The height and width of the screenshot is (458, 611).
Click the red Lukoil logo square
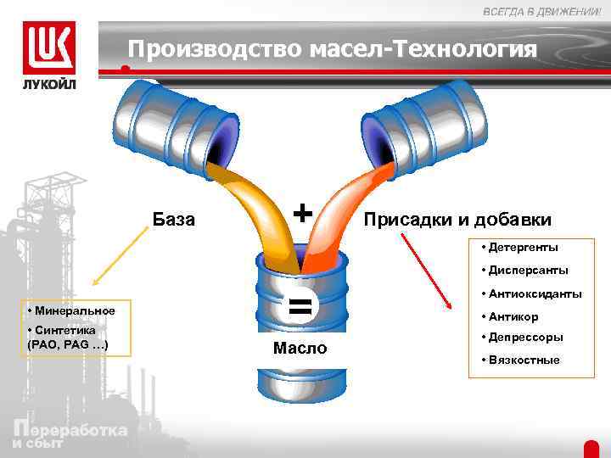tap(48, 48)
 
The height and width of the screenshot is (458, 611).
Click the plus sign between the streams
tap(302, 210)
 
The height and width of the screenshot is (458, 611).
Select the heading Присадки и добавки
tap(457, 220)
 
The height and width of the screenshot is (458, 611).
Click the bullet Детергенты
tap(522, 248)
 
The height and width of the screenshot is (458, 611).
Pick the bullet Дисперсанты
tap(527, 271)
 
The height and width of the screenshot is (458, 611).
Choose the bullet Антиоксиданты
tap(534, 294)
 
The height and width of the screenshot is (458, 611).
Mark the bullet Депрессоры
tap(524, 337)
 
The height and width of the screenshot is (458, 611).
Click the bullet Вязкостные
tap(523, 360)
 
